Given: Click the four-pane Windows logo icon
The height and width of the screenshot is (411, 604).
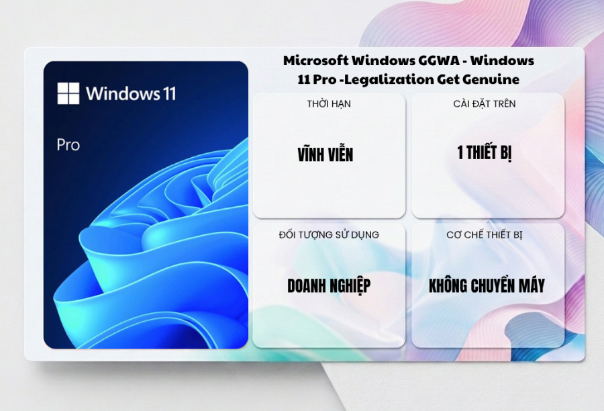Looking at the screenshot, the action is coord(68,93).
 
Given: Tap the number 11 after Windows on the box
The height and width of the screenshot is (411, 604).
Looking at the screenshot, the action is coord(168,94).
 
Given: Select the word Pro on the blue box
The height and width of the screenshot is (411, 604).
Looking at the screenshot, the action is coord(68,145).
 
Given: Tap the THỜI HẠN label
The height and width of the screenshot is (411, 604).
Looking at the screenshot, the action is coord(329,103).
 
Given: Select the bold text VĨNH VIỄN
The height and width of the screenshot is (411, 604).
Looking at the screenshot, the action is coord(325,154).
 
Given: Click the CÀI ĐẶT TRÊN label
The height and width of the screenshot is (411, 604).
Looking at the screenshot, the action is coord(484,103).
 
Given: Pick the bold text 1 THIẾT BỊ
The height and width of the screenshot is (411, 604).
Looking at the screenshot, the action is coord(484,153).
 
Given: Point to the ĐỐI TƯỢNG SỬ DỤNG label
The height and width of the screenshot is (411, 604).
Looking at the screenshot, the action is coord(329,235).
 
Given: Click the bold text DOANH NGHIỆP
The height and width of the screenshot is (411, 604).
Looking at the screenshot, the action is coord(329,285).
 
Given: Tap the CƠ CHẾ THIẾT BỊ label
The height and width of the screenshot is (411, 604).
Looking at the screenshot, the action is coord(484,235).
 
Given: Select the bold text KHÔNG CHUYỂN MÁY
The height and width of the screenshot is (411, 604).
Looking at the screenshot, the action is coord(487,285).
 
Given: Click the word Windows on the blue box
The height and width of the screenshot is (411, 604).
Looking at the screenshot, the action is coord(121,94).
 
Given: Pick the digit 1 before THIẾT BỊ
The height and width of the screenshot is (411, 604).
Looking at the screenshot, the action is coord(460,152).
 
